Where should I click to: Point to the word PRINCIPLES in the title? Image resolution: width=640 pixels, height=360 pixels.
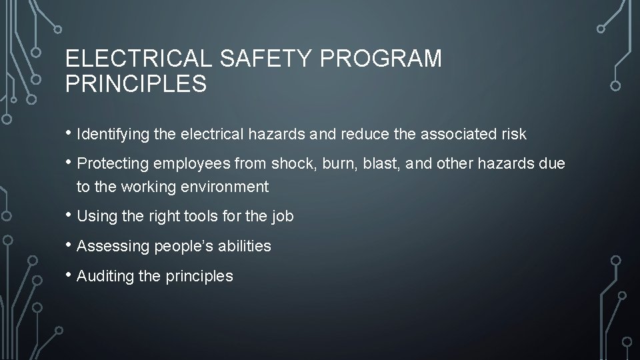(136, 85)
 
